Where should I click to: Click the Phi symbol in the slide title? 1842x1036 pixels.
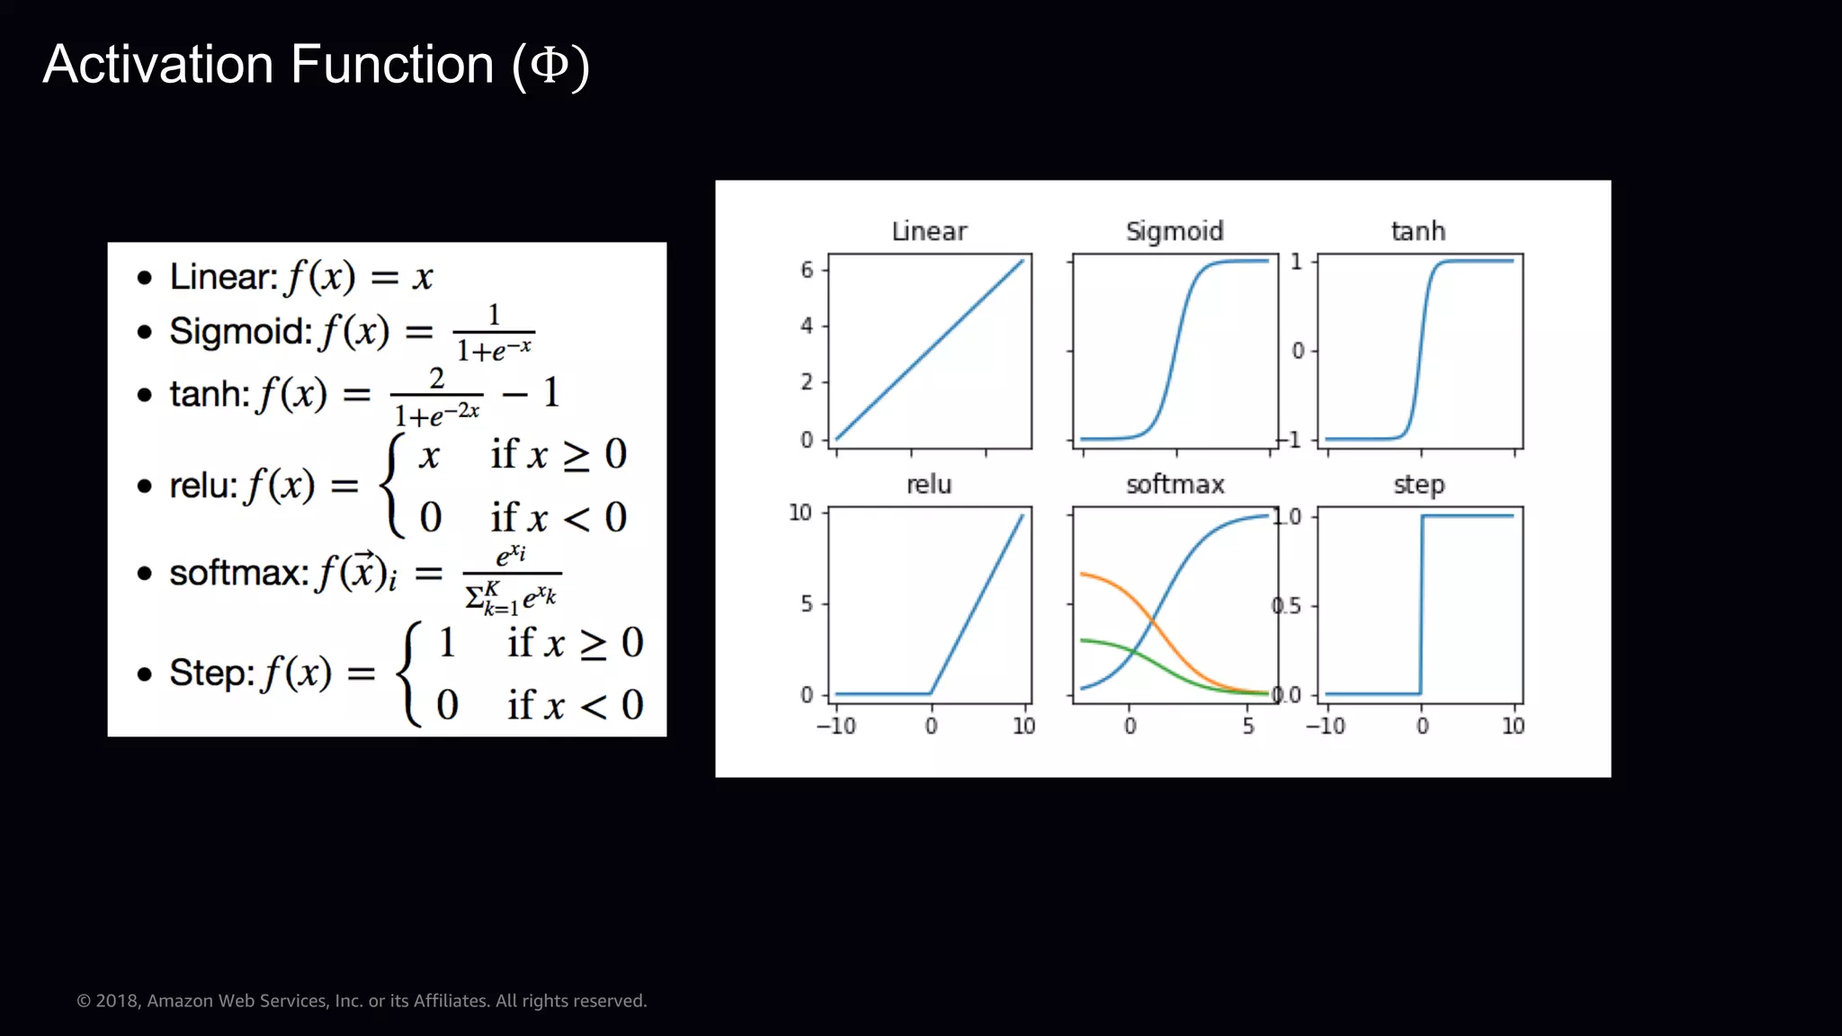tap(550, 65)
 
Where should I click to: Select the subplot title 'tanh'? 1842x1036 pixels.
tap(1418, 231)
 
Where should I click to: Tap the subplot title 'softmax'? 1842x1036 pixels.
tap(1175, 485)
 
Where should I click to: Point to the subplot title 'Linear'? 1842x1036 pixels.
tap(929, 231)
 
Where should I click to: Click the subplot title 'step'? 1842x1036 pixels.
tap(1418, 485)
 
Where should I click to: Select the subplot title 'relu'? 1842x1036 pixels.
tap(929, 485)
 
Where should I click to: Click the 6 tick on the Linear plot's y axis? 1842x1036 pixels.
tap(807, 269)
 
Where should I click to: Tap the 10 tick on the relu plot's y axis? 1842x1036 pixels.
tap(800, 513)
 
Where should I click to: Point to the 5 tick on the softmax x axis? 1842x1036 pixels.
tap(1248, 726)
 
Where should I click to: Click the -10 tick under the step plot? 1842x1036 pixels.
tap(1326, 726)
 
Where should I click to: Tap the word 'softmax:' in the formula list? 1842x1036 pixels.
tap(239, 573)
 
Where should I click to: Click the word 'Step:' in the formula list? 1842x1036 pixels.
tap(212, 673)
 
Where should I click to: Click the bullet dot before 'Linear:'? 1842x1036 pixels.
tap(145, 278)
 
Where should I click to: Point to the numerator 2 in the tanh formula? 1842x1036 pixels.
tap(437, 378)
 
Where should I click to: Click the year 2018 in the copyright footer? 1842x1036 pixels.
tap(117, 1001)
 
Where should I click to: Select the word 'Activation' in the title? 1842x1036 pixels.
tap(158, 65)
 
